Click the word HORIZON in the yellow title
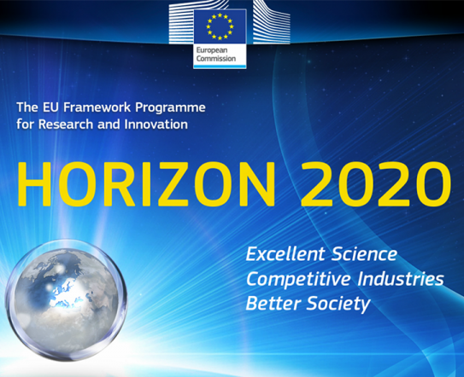pyautogui.click(x=147, y=183)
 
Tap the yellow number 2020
pyautogui.click(x=376, y=183)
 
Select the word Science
pyautogui.click(x=364, y=254)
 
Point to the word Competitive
pyautogui.click(x=298, y=279)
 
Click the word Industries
pyautogui.click(x=401, y=279)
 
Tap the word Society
pyautogui.click(x=338, y=304)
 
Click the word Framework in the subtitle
pyautogui.click(x=97, y=107)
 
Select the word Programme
pyautogui.click(x=170, y=107)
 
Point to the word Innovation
pyautogui.click(x=156, y=124)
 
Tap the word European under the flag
pyautogui.click(x=212, y=50)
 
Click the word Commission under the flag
pyautogui.click(x=216, y=59)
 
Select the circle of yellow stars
pyautogui.click(x=220, y=26)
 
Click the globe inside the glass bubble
pyautogui.click(x=67, y=301)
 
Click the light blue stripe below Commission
pyautogui.click(x=220, y=67)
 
